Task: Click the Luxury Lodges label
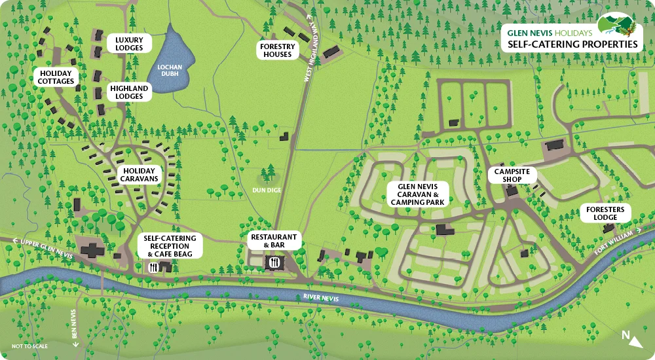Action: [x=129, y=44]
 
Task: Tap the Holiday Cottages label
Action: [x=56, y=77]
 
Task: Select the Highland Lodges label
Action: [x=129, y=92]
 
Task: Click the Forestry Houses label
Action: [x=278, y=50]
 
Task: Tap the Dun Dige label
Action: [x=267, y=190]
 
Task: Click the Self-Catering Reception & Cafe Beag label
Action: [x=170, y=245]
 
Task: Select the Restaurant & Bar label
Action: [x=274, y=241]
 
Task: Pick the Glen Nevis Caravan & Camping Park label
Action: [x=418, y=194]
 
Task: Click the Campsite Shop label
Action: [x=512, y=175]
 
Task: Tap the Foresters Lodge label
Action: [x=607, y=213]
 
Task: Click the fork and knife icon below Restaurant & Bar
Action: [x=274, y=262]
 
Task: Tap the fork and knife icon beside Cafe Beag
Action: [x=153, y=266]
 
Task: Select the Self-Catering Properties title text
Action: [x=569, y=44]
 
